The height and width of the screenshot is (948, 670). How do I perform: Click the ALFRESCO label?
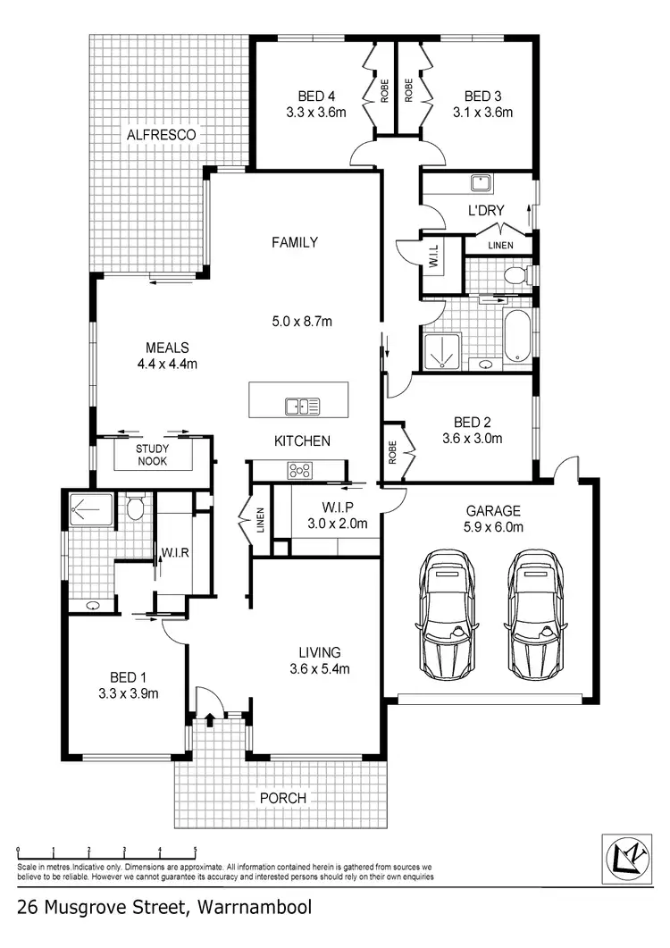(x=161, y=134)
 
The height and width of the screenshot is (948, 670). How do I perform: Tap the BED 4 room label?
(x=314, y=96)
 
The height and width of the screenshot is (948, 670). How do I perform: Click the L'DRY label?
(x=487, y=211)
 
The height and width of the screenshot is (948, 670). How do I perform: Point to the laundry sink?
(x=482, y=183)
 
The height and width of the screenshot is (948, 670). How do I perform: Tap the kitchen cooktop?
(x=298, y=470)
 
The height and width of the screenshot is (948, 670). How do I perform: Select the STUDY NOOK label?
(x=153, y=456)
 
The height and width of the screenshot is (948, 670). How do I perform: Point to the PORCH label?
(x=284, y=798)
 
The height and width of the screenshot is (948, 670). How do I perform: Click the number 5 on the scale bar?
(x=195, y=851)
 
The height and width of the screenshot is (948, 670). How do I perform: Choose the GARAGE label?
(x=492, y=511)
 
